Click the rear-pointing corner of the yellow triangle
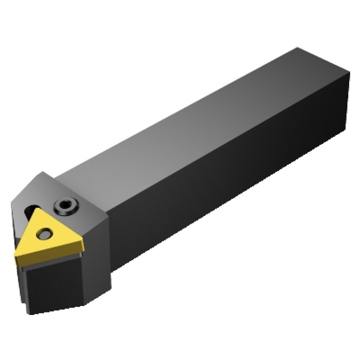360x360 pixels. point(40,211)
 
